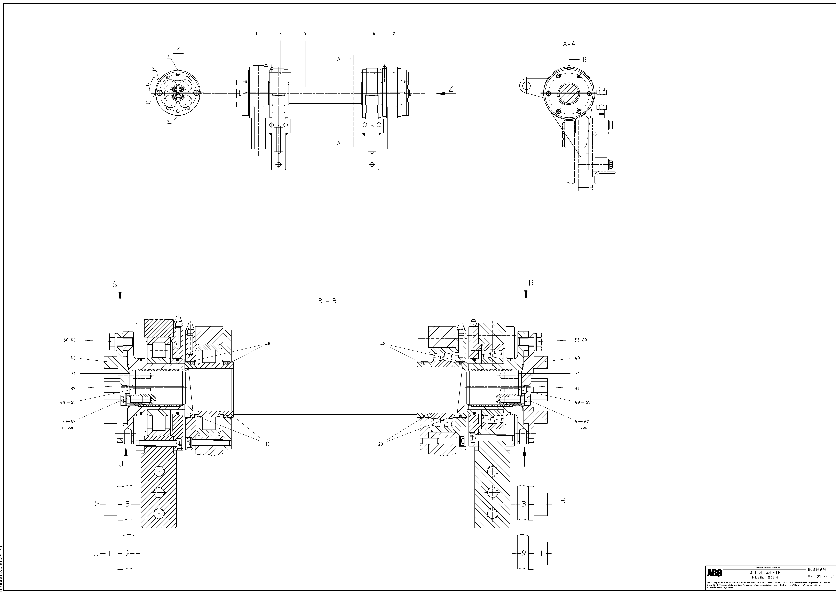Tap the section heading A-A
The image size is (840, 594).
(569, 44)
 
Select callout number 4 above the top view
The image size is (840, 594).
(374, 34)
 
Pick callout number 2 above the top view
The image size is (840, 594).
(394, 34)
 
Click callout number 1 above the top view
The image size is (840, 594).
(256, 34)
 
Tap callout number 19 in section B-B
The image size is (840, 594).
(267, 444)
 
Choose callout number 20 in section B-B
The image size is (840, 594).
(381, 444)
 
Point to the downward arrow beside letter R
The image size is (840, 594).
(526, 291)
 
